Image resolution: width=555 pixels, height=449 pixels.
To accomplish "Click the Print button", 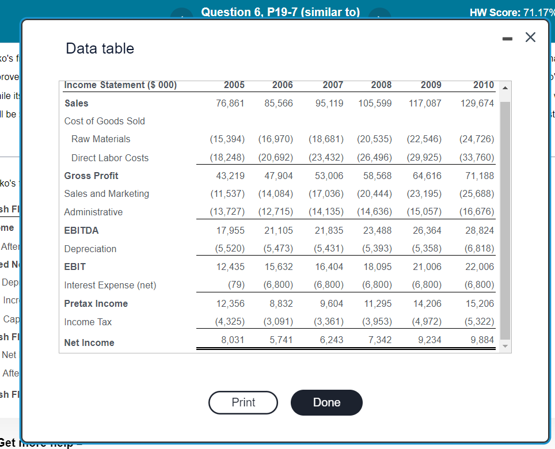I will point(243,402).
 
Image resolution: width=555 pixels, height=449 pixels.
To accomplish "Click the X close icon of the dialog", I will point(530,38).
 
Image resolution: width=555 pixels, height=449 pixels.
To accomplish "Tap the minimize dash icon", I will point(506,39).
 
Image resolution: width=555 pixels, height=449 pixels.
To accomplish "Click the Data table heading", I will point(100,48).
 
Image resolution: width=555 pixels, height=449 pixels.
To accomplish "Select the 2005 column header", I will point(234,85).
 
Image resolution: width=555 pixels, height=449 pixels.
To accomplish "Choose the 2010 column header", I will point(483,85).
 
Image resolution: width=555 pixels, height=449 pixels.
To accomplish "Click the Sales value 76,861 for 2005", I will point(231,103).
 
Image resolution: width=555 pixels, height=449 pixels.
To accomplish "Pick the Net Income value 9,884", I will point(482,340).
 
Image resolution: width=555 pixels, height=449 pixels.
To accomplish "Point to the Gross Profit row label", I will point(92,176).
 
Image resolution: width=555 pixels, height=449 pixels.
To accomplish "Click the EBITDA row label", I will point(81,230).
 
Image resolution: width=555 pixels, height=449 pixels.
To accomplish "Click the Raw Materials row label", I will point(101,139).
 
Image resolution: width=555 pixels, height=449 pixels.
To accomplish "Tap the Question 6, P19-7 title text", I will point(280,12).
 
